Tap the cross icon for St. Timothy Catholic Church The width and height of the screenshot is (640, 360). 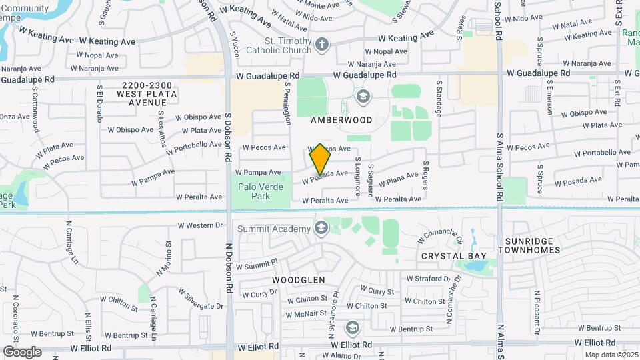[x=322, y=45]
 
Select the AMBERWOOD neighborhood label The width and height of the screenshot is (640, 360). [x=341, y=121]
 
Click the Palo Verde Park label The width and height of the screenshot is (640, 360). [x=261, y=191]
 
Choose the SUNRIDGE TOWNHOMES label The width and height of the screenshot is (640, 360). [x=545, y=245]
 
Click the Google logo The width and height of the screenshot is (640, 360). [x=21, y=351]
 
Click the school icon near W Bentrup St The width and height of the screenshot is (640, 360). [x=352, y=328]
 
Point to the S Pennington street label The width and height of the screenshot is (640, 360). [x=288, y=104]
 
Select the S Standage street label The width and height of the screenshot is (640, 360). [x=439, y=99]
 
